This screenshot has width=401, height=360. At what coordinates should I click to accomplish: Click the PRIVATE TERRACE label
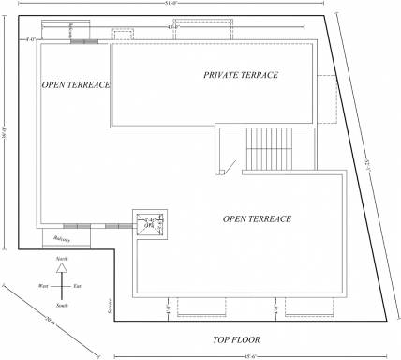coord(241,75)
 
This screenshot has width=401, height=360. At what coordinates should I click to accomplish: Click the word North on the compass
coord(62,257)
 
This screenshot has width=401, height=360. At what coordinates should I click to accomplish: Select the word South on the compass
coord(62,306)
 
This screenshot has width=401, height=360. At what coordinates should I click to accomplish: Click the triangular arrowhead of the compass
coord(62,267)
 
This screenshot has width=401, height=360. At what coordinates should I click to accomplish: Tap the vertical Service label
coord(110,305)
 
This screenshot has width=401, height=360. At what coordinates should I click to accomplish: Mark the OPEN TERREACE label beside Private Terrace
coord(76,85)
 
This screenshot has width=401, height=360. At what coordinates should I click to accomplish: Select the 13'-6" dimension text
coord(172,28)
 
